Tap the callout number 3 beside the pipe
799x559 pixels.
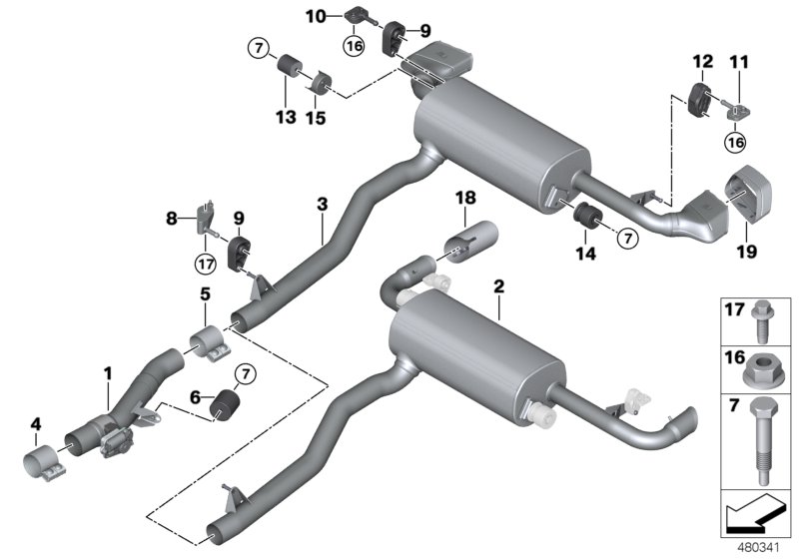click(322, 205)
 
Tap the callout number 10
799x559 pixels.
click(315, 16)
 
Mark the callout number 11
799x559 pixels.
click(740, 62)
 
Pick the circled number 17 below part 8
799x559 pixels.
click(206, 267)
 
